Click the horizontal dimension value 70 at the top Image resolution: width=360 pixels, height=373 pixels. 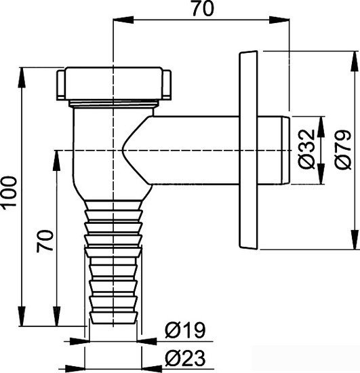pos(199,11)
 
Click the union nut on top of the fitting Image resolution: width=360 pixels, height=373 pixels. pos(112,83)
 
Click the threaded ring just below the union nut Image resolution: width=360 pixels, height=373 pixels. pos(112,104)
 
